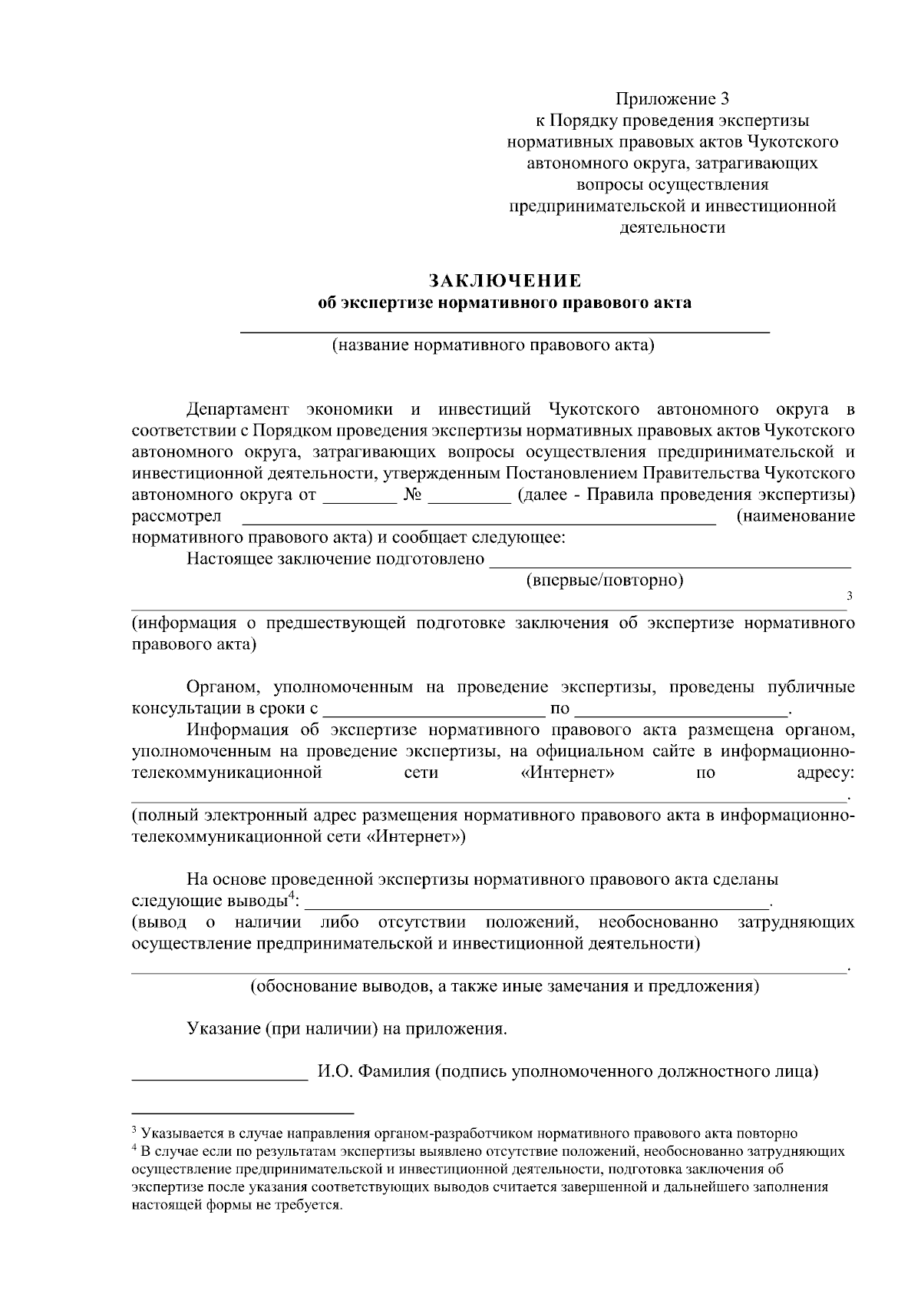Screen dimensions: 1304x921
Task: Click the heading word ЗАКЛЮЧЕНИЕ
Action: (x=505, y=280)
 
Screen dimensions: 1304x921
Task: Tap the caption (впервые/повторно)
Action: (x=604, y=580)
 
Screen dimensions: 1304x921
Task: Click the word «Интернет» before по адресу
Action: (x=567, y=773)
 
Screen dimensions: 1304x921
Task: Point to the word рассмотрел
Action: (x=177, y=516)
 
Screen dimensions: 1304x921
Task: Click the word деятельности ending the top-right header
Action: (x=672, y=227)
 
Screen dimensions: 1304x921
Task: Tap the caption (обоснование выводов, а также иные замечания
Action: (x=505, y=986)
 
